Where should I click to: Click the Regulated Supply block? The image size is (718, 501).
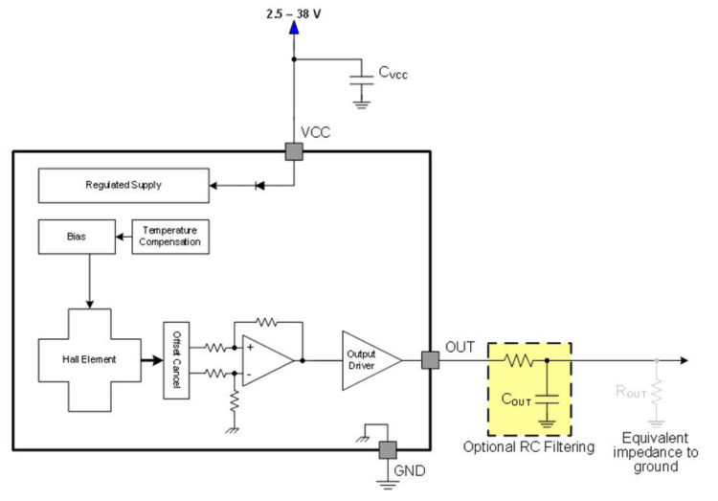pos(123,185)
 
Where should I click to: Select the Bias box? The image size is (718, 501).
pos(76,236)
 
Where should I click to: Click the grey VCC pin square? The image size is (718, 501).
pos(294,151)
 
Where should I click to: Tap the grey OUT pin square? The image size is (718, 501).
pos(430,360)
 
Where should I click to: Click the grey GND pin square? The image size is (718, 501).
pos(388,449)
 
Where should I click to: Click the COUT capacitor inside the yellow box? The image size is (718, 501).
pos(547,396)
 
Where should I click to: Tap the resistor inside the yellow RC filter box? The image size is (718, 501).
pos(519,360)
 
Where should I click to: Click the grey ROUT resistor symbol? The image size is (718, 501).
pos(656,392)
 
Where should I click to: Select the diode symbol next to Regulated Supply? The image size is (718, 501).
pos(259,185)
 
